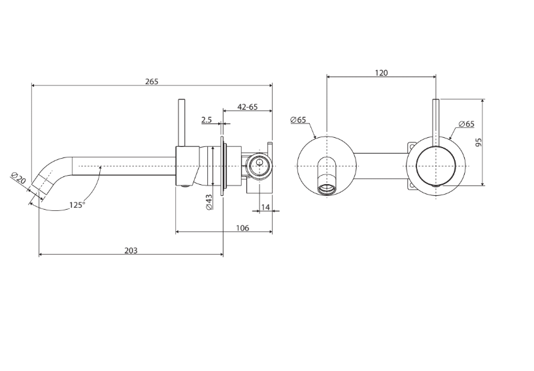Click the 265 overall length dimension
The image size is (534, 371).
point(152,82)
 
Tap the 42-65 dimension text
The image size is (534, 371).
point(248,107)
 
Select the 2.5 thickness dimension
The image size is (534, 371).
point(207,120)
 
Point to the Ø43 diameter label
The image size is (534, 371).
point(209,202)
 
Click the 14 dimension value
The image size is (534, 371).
point(265,207)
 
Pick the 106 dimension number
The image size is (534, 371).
point(242,228)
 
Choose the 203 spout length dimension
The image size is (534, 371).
point(131,251)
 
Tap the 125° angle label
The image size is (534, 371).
point(77,205)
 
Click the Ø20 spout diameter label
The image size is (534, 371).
point(18,178)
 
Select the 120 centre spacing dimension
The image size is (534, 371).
point(382,73)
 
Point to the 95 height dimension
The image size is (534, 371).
point(478,142)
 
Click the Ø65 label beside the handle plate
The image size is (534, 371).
point(466,124)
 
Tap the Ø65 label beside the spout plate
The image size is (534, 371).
point(298,120)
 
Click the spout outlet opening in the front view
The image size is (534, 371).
point(327,189)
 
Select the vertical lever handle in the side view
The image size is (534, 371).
point(182,123)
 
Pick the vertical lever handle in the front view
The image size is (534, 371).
point(436,123)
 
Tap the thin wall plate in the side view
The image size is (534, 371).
point(222,166)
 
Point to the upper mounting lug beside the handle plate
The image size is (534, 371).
point(412,147)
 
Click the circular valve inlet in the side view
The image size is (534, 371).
point(259,166)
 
